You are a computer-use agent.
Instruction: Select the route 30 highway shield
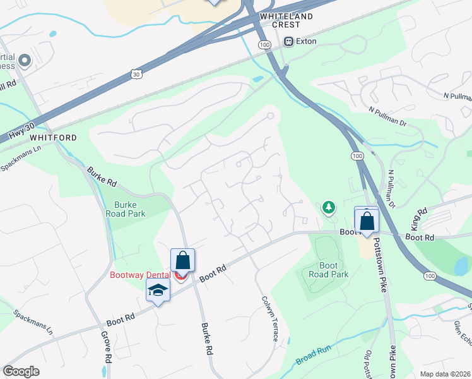click(x=136, y=74)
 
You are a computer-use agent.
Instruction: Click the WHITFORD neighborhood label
click(x=52, y=137)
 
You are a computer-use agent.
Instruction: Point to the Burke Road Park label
click(x=129, y=209)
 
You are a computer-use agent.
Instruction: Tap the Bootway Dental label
click(x=141, y=275)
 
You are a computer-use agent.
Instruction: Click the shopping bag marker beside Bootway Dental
click(x=182, y=260)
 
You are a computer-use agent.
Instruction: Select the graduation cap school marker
click(x=158, y=291)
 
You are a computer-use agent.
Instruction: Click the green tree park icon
click(x=328, y=207)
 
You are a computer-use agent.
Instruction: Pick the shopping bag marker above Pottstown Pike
click(x=367, y=222)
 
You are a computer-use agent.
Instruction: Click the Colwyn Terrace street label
click(x=268, y=319)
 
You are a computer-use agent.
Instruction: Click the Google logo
click(x=21, y=371)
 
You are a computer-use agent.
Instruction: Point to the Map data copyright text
click(x=444, y=374)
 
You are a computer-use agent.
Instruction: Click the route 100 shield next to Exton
click(x=265, y=44)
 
